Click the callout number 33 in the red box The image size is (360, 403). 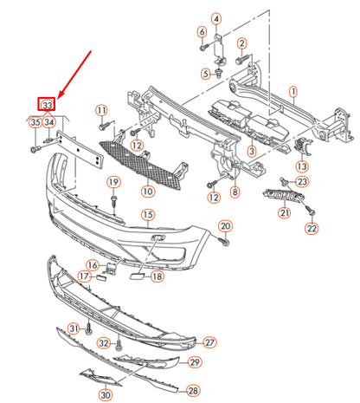pos(48,105)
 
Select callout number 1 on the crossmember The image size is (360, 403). pos(293,90)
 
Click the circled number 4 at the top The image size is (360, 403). pos(215,18)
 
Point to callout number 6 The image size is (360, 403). pos(202,32)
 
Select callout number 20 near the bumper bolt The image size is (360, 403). pos(224,226)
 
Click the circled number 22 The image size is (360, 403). pos(312,229)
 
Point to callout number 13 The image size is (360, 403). pos(301,166)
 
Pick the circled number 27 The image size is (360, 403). pos(209,343)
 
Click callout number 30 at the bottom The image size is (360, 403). pos(106,394)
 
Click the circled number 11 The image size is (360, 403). pos(101,110)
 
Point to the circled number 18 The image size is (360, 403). pos(157,276)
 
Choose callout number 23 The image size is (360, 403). pos(301,182)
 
